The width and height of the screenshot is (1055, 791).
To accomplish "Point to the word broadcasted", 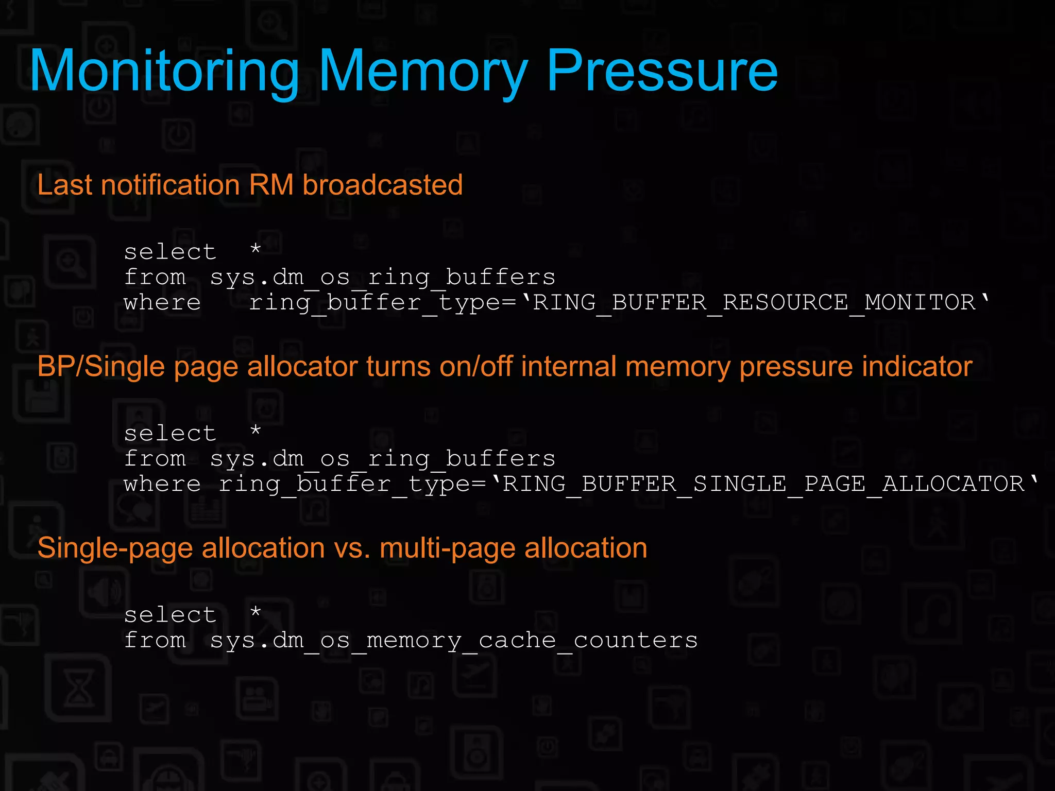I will coord(383,185).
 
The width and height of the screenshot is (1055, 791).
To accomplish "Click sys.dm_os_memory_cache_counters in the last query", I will coord(454,641).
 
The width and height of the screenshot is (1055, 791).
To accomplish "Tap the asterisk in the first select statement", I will coord(256,250).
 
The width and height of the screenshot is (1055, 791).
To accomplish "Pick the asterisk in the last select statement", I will coord(256,613).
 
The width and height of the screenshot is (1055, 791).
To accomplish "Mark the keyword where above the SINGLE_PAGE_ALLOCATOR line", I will coord(162,484).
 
